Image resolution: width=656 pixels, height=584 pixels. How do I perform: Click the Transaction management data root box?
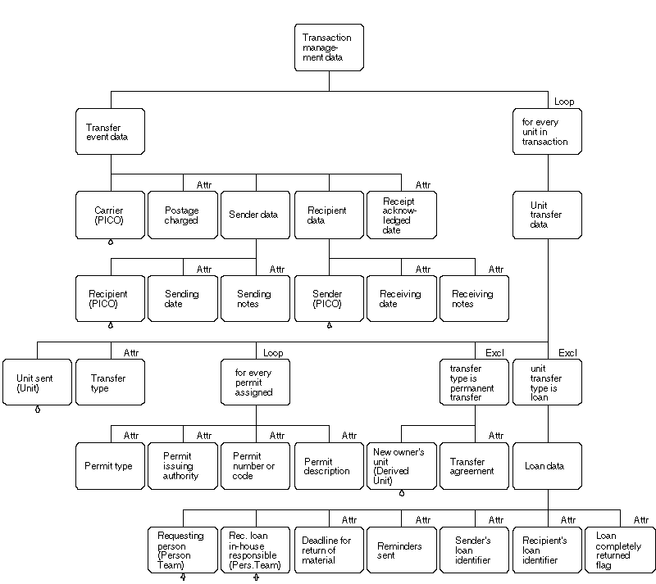(328, 48)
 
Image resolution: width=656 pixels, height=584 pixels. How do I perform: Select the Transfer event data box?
(111, 132)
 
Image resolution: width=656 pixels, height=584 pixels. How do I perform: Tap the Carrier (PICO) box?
(109, 215)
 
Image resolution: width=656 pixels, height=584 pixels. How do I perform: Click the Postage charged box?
(182, 215)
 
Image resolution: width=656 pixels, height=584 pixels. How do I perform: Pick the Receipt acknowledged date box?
(401, 215)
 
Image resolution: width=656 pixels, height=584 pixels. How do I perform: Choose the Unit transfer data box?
(547, 215)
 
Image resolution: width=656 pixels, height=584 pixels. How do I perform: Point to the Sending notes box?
(255, 299)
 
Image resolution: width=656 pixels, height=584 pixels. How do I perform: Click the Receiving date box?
(401, 299)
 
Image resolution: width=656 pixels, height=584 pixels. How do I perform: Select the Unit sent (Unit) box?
(36, 383)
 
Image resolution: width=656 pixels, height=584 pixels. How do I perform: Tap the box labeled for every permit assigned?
(255, 383)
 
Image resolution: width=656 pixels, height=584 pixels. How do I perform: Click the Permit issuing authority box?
(182, 466)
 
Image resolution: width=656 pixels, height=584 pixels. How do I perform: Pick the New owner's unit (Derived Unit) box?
(401, 466)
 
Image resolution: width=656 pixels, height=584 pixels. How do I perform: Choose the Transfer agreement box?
(474, 466)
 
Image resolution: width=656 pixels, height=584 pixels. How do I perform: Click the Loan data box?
(547, 466)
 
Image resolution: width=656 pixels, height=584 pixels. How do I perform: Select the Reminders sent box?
(401, 550)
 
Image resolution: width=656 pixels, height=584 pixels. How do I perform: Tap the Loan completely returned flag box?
(621, 550)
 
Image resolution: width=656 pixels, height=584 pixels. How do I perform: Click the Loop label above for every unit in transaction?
(564, 102)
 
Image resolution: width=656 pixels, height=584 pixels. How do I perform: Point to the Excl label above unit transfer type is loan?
(567, 353)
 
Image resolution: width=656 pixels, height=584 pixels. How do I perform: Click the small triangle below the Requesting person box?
(183, 577)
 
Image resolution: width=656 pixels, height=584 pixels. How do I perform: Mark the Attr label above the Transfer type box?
(131, 353)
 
